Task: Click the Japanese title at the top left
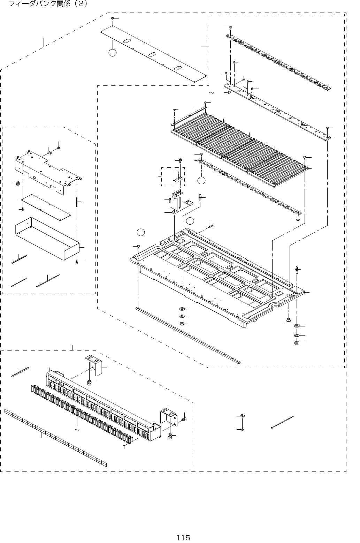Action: [x=47, y=4]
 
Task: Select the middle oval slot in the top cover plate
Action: [x=152, y=54]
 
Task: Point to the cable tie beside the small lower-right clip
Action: [x=283, y=422]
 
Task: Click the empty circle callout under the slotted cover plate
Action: [x=112, y=53]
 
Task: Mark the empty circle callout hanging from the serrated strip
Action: [x=201, y=180]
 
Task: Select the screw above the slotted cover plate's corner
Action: [x=113, y=18]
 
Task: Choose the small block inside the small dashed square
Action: [x=178, y=180]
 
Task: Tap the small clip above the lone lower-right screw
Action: [x=243, y=416]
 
